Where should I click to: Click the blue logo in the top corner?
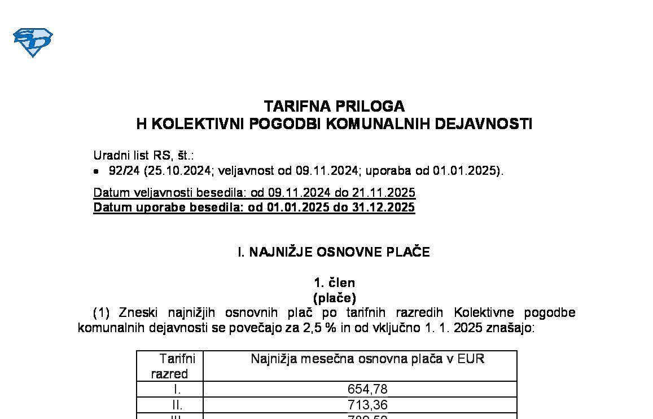point(33,42)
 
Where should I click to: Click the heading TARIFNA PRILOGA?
point(334,106)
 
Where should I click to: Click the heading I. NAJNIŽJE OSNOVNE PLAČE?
point(334,252)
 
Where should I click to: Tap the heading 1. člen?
point(334,283)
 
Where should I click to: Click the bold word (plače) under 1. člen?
point(334,298)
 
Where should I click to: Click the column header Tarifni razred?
point(170,365)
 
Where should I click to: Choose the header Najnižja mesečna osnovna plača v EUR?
point(367,359)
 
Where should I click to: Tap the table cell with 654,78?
point(367,389)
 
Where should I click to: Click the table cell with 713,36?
point(367,405)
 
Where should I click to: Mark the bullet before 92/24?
point(97,171)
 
